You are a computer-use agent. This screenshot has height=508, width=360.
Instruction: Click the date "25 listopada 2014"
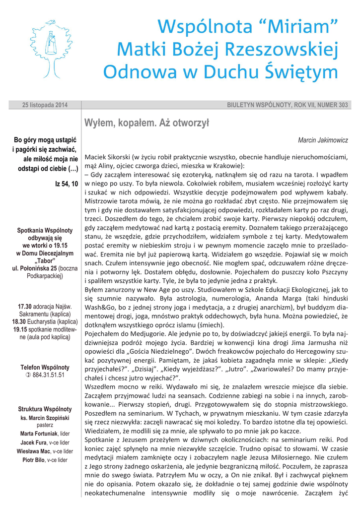coord(45,105)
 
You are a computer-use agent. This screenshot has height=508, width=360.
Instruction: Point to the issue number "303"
coord(343,105)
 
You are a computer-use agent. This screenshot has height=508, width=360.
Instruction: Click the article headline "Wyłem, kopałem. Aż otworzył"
coord(147,123)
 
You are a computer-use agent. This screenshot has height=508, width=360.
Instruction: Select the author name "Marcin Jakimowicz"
coord(323,140)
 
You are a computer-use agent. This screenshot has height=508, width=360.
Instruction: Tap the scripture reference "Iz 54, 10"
coord(67,184)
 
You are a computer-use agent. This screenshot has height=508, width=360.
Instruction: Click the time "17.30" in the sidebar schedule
coord(25,306)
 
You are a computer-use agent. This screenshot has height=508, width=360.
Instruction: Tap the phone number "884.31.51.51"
coord(48,375)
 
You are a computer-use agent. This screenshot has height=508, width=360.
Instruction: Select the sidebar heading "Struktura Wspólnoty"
coord(45,409)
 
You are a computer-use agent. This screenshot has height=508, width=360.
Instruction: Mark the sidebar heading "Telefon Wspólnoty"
coord(45,368)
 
